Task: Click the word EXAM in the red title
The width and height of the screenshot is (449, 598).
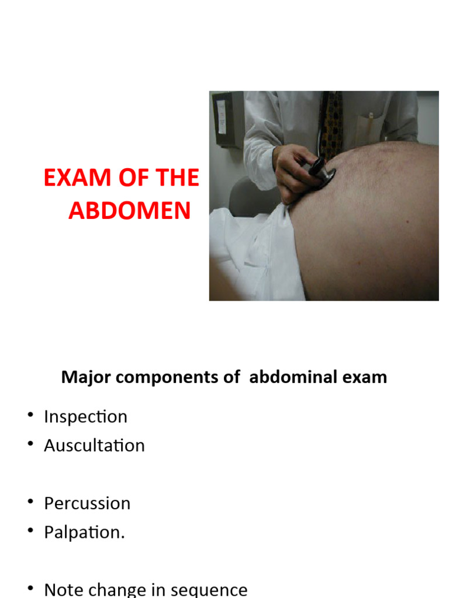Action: (x=73, y=178)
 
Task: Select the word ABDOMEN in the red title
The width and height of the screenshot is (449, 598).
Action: (x=129, y=211)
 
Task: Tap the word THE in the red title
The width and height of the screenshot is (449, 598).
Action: (x=175, y=178)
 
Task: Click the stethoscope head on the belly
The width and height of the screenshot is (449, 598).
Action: (x=323, y=172)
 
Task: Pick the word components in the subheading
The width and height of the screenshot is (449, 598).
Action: (x=170, y=377)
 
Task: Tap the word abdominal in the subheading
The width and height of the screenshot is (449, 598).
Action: (x=293, y=377)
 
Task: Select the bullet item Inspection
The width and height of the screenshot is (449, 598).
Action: (x=85, y=417)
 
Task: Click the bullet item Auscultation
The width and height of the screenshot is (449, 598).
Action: (x=94, y=446)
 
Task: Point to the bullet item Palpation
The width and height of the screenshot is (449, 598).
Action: (x=84, y=533)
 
